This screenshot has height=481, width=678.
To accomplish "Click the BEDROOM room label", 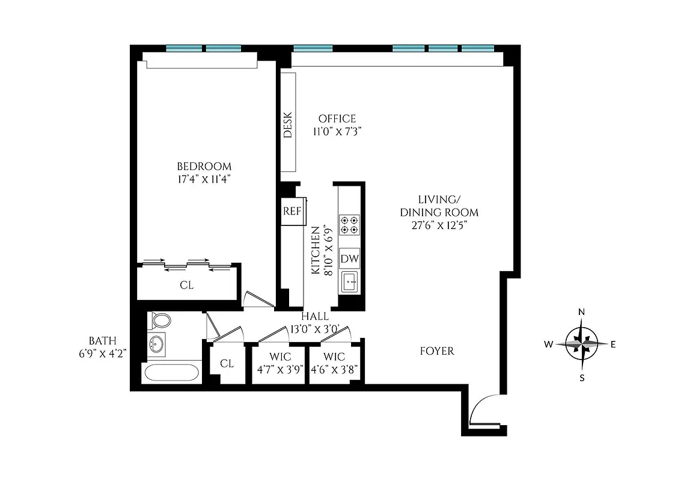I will [x=204, y=166].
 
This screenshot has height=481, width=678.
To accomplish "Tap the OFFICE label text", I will [x=337, y=118].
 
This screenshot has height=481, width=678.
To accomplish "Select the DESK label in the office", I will [x=288, y=125].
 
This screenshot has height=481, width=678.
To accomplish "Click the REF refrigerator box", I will [x=292, y=211].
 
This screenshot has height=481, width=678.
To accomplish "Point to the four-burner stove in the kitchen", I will [x=349, y=224].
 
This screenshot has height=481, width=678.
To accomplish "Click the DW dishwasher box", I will [x=349, y=259].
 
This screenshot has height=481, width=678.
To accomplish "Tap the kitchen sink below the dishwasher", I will [x=349, y=281].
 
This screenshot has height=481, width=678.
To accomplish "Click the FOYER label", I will [x=437, y=351].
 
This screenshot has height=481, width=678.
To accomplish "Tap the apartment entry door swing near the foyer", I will [x=484, y=409].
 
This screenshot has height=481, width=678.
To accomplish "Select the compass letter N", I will [x=581, y=311].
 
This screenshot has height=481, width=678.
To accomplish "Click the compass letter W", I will [x=548, y=345].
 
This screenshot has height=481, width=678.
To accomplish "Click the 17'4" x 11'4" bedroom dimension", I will [x=204, y=179].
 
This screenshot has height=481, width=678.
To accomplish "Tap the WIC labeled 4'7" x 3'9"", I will [x=279, y=364].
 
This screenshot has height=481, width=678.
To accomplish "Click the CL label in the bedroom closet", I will [x=187, y=285].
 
